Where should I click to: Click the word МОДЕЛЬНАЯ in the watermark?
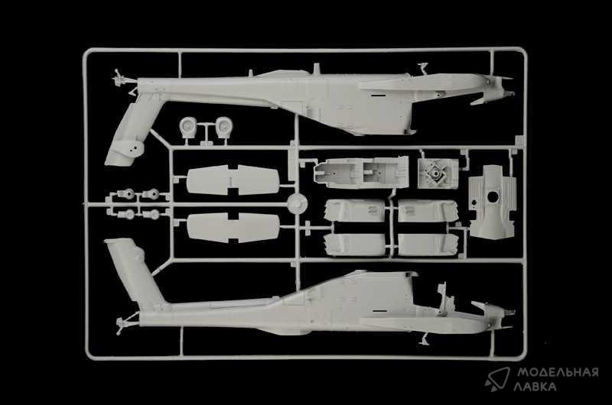(558, 373)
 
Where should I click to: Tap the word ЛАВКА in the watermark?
(535, 387)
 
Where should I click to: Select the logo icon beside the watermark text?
(498, 378)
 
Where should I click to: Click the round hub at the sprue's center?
(298, 203)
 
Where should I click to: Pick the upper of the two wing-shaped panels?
(233, 180)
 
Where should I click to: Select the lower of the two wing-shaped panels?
(233, 227)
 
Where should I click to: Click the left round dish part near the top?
(189, 127)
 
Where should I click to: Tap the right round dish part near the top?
(223, 127)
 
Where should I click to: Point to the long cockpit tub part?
(361, 171)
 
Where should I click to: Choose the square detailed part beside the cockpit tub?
(437, 173)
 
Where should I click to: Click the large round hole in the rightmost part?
(493, 196)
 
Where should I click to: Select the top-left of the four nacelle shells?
(354, 210)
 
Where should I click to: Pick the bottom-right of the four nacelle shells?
(427, 245)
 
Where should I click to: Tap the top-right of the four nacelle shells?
(427, 211)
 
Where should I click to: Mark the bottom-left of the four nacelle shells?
(354, 245)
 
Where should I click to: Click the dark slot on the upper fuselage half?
(377, 95)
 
